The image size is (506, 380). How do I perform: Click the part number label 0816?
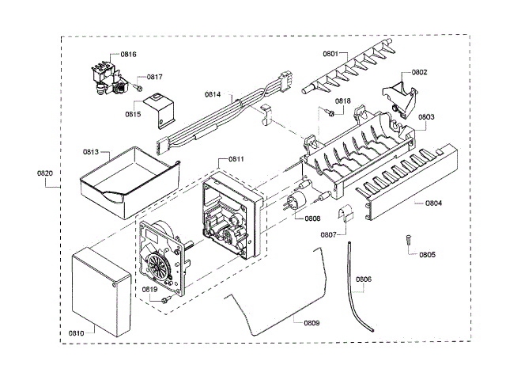click(x=128, y=54)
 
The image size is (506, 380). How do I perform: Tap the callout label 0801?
click(x=330, y=53)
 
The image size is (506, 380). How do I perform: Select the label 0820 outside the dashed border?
click(x=45, y=173)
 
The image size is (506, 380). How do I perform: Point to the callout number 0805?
click(x=427, y=254)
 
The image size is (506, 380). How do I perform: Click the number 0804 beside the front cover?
click(x=433, y=203)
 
